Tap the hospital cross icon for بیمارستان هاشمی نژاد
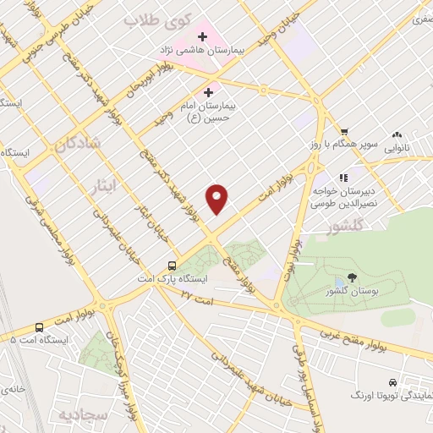[x=203, y=37]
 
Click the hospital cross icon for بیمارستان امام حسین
[x=209, y=91]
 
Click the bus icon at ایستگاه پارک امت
[x=173, y=263]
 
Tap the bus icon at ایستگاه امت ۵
[x=40, y=327]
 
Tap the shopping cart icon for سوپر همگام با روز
[x=344, y=131]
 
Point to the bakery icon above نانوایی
[x=397, y=134]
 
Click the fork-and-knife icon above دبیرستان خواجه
[x=344, y=178]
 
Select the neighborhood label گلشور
[x=345, y=227]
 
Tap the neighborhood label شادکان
[x=78, y=145]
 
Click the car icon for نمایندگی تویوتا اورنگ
[x=392, y=382]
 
